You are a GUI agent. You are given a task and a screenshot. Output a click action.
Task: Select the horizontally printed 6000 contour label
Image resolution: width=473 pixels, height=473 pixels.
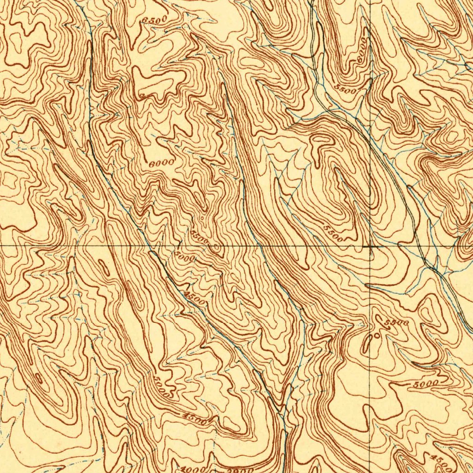click(x=162, y=163)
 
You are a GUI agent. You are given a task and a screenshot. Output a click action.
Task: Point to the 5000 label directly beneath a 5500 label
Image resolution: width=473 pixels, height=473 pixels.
click(x=186, y=259)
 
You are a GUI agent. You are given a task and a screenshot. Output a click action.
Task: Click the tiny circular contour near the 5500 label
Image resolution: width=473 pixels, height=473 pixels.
click(x=377, y=336)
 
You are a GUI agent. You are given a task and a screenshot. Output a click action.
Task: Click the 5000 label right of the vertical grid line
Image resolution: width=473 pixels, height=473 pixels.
click(x=426, y=384)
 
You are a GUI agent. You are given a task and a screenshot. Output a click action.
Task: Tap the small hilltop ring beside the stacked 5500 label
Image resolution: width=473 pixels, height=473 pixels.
click(x=216, y=249)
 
